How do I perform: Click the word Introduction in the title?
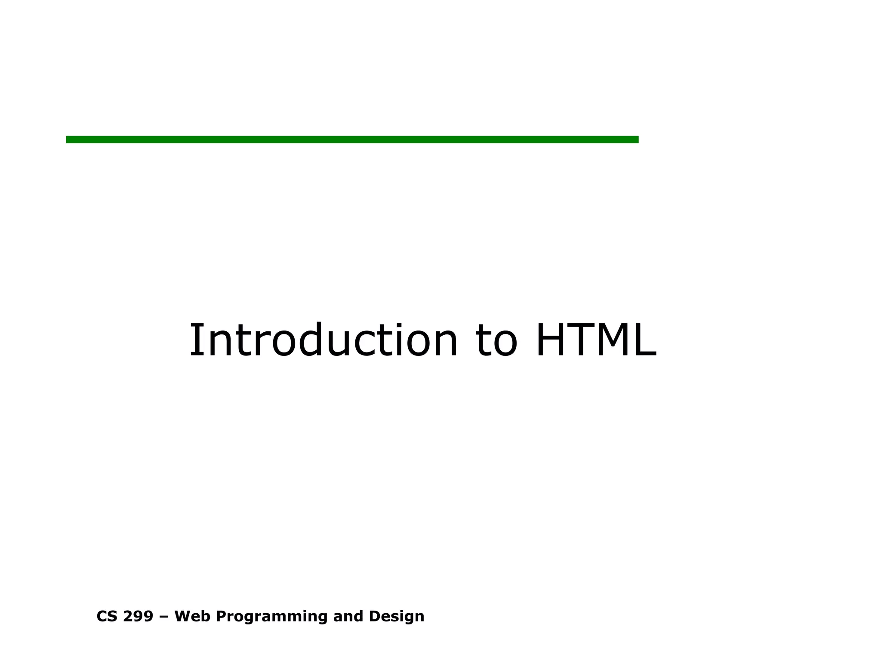pos(323,341)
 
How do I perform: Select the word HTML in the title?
pos(596,341)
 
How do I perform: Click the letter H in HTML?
pos(552,341)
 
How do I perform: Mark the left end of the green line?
pos(68,139)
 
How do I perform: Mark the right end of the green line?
pos(637,139)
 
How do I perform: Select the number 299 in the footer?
pos(138,616)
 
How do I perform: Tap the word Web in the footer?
pos(192,616)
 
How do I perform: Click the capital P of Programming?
pos(220,616)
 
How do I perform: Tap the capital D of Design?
pos(374,616)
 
